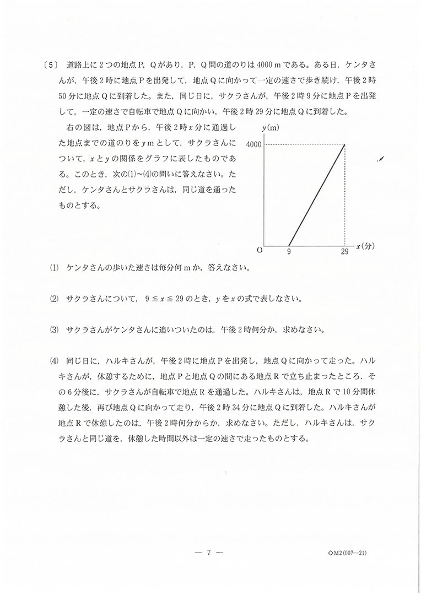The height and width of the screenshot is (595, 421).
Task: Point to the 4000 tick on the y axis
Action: (253, 144)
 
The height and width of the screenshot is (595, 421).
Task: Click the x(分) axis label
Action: (365, 246)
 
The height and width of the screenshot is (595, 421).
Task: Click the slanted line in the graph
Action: (317, 194)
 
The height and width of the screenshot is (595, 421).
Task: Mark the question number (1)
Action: (54, 269)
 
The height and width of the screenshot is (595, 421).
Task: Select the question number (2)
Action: (54, 300)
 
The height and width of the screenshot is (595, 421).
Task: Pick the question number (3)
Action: (54, 331)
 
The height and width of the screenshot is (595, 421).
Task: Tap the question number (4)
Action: (54, 361)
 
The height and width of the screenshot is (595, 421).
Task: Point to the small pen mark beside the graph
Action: (381, 159)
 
